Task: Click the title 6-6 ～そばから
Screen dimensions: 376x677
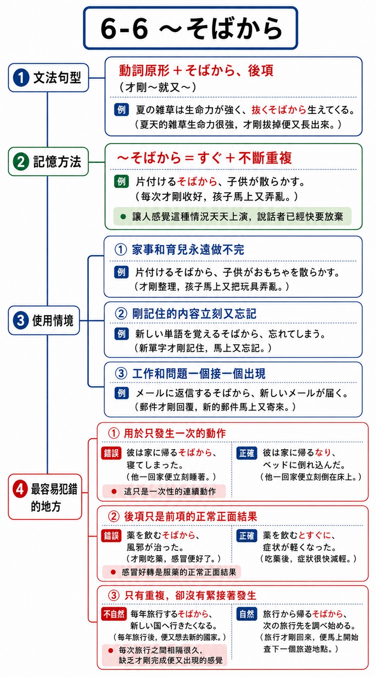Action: click(191, 29)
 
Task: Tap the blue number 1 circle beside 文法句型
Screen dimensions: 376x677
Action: click(21, 78)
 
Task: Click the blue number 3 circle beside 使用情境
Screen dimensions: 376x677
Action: click(21, 320)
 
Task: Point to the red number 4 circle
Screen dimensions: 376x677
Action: click(20, 489)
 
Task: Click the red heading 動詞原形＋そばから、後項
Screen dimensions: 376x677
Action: click(196, 70)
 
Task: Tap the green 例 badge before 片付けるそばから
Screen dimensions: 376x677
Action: click(121, 181)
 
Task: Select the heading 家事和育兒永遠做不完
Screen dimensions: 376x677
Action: click(188, 250)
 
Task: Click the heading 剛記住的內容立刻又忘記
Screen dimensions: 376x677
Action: click(194, 314)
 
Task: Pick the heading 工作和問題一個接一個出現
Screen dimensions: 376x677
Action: click(199, 374)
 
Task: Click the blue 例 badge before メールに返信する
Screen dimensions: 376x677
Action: click(121, 393)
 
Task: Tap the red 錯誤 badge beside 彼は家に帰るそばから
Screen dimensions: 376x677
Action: click(111, 453)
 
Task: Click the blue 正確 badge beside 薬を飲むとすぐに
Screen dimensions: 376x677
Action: click(247, 536)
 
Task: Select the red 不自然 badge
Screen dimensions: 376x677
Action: click(114, 614)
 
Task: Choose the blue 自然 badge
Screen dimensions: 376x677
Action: click(247, 614)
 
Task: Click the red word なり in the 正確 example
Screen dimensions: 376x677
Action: click(323, 453)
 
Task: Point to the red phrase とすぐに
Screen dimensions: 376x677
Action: click(315, 535)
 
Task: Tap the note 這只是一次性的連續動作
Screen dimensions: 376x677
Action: click(170, 491)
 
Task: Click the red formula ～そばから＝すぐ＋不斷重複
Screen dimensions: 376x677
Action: click(205, 158)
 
